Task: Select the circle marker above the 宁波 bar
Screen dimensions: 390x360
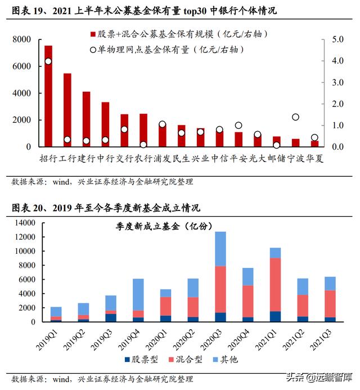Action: [295, 117]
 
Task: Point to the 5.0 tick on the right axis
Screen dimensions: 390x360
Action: [337, 39]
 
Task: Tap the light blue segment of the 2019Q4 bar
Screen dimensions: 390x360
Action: [138, 294]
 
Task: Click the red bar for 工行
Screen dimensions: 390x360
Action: [67, 110]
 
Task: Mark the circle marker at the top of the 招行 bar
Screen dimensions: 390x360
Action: [48, 61]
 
